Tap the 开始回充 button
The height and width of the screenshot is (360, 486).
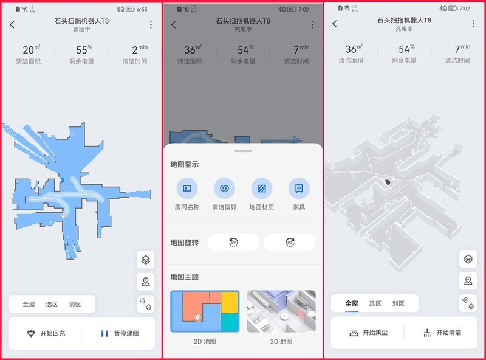(46, 333)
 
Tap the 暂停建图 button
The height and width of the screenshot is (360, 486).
(119, 333)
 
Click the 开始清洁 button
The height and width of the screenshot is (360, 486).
(443, 333)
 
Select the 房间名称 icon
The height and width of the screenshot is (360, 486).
(187, 189)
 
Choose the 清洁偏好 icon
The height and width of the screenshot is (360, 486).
(224, 189)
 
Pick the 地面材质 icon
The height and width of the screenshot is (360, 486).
(261, 189)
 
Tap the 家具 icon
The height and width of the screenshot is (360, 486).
(299, 189)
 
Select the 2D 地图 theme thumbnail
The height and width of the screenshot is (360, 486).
(205, 311)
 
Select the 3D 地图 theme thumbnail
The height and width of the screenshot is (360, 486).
(281, 311)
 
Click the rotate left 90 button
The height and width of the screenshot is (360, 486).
(233, 243)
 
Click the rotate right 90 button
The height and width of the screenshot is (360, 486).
(290, 243)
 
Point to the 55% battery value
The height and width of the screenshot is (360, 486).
(83, 50)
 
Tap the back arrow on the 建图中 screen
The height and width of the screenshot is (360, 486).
(13, 24)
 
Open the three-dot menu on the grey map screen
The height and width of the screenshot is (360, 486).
(473, 24)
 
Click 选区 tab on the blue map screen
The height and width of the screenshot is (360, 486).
(52, 304)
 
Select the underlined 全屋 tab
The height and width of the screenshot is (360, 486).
(352, 303)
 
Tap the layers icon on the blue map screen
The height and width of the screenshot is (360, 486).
(145, 260)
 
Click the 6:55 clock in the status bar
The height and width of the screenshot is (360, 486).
(143, 9)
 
